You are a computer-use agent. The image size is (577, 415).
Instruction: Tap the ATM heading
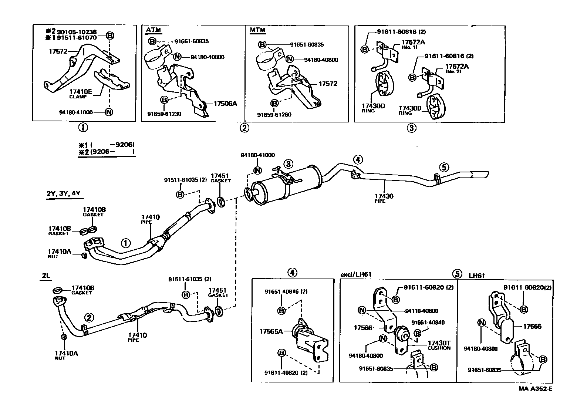pos(153,30)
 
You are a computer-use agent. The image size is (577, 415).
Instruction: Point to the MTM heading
pos(257,30)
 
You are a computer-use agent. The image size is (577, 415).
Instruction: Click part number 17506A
pos(225,104)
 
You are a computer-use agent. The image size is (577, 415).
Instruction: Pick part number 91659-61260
pos(274,115)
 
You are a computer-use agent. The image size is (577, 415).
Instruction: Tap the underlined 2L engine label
pos(46,276)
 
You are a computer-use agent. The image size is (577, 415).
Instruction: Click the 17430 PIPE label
pos(384,197)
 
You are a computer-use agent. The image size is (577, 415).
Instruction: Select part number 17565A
pos(271,331)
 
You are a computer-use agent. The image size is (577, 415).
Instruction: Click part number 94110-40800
pos(421,311)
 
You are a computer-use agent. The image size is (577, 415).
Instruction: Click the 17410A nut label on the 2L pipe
pos(66,354)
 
